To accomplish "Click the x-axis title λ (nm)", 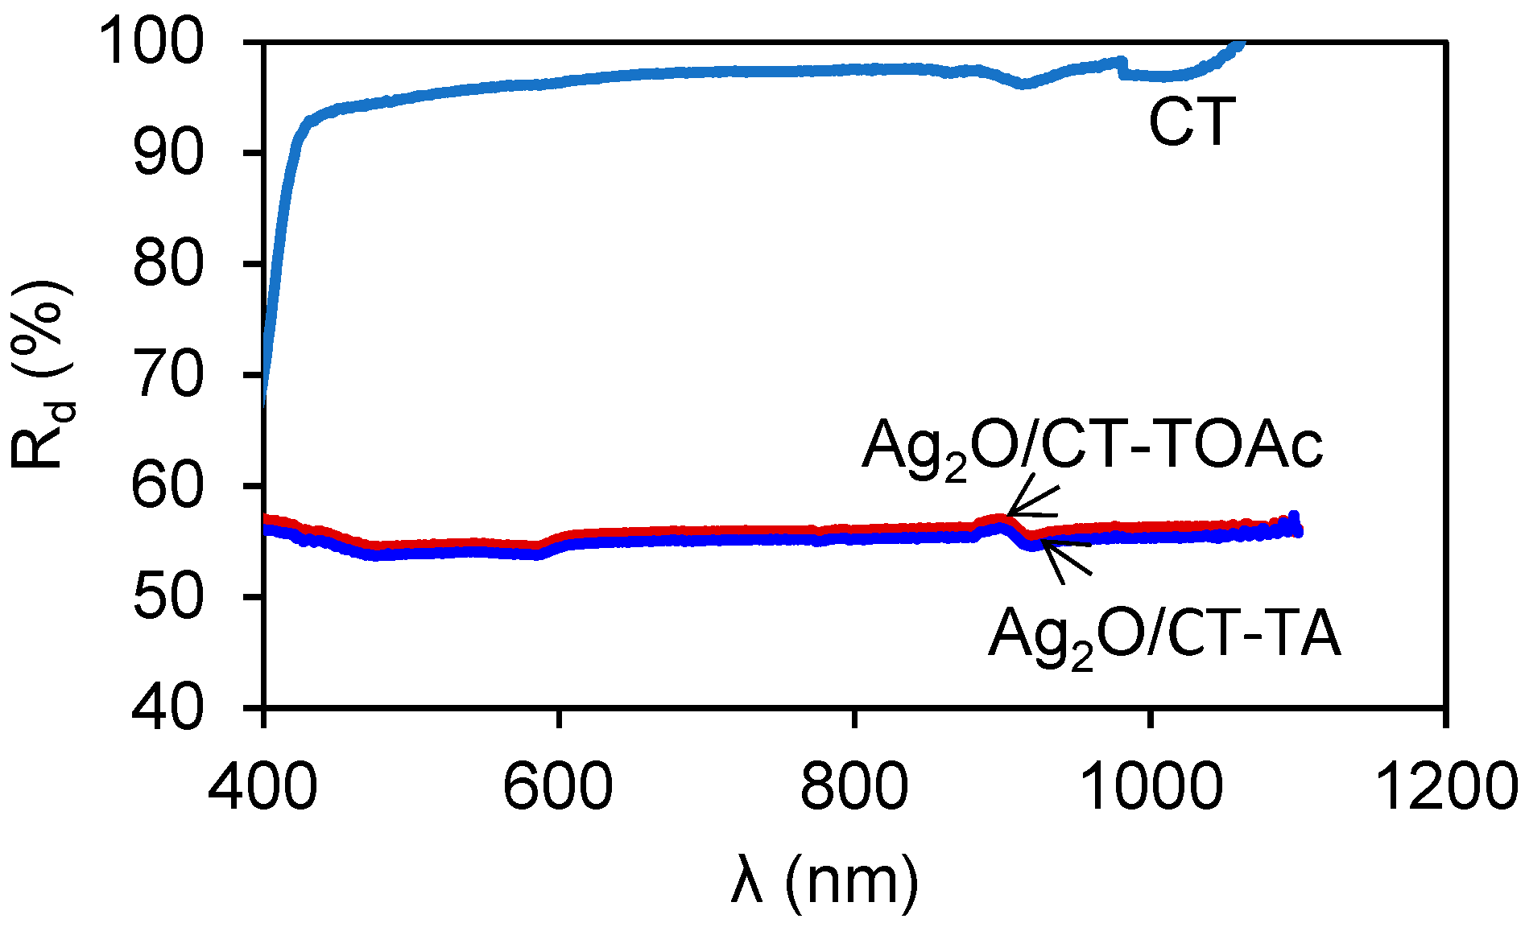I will (825, 881).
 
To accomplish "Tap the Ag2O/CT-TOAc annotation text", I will (1092, 447).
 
